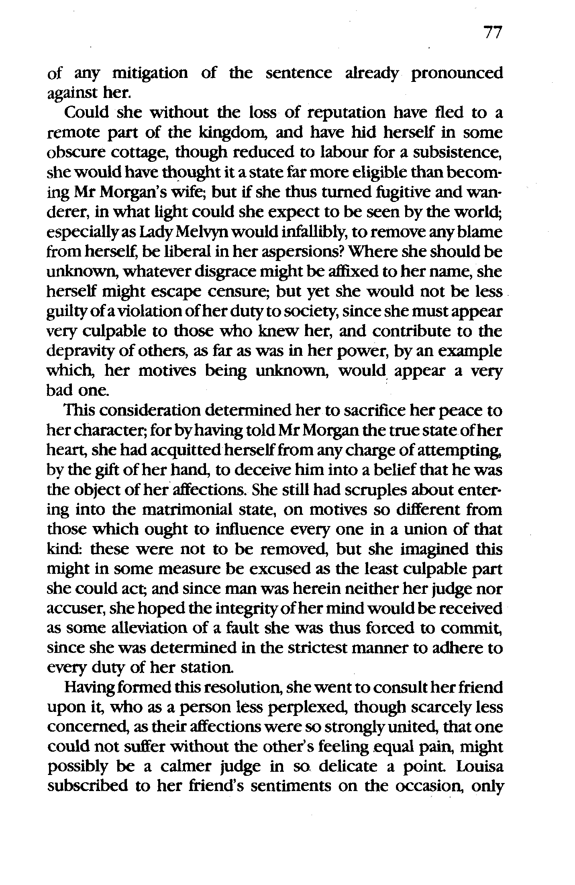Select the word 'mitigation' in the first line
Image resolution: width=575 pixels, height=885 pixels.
(150, 74)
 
